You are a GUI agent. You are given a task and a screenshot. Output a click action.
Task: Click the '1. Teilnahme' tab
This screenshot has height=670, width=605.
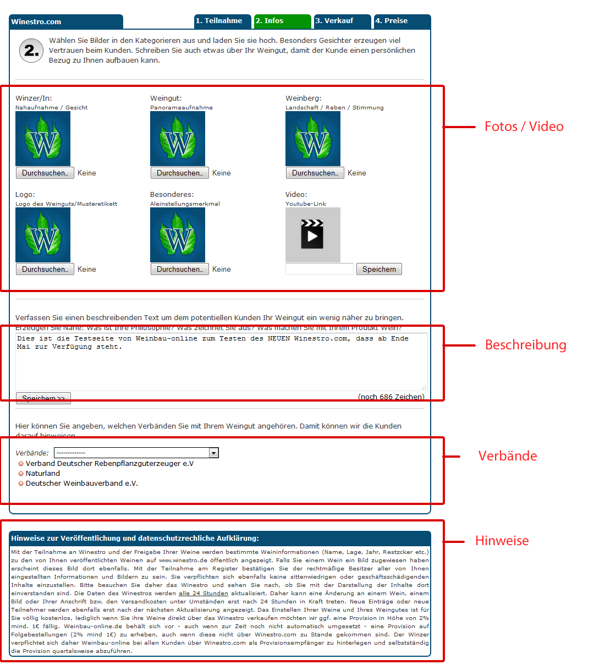point(223,21)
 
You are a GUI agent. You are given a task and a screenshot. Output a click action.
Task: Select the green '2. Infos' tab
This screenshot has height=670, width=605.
point(282,21)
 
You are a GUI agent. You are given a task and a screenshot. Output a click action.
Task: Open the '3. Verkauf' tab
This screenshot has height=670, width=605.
point(342,21)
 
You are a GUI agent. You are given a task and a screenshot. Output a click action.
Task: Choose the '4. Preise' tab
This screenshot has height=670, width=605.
point(402,21)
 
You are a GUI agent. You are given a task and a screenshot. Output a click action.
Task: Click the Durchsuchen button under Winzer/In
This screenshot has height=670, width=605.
point(45,173)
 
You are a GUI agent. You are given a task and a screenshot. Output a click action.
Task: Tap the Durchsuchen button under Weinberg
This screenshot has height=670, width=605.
point(315,173)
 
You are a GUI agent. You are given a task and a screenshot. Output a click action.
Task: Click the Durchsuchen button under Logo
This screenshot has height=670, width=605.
point(45,269)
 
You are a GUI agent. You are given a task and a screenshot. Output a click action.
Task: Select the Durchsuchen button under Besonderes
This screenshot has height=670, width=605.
point(179,269)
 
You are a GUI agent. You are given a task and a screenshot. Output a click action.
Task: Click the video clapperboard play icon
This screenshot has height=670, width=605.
point(312,234)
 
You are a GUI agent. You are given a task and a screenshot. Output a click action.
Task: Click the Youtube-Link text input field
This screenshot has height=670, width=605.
point(319,269)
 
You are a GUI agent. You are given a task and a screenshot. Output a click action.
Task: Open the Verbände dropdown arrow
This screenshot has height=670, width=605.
point(214,453)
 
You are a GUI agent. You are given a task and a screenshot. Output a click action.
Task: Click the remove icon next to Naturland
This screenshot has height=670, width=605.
point(21,474)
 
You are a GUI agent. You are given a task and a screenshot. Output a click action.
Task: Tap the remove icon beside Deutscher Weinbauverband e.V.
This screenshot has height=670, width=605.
point(21,484)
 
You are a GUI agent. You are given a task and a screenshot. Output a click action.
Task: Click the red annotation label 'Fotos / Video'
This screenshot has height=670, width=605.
point(524,127)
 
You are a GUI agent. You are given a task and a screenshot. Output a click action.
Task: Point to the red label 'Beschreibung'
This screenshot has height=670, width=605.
point(525,345)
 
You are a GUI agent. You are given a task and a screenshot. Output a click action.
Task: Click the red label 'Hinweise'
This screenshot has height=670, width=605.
point(502,541)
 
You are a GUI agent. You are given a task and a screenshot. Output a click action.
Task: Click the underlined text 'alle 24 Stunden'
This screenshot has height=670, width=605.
point(203,594)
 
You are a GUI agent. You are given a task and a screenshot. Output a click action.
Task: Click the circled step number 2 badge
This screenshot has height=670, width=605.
point(31,51)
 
